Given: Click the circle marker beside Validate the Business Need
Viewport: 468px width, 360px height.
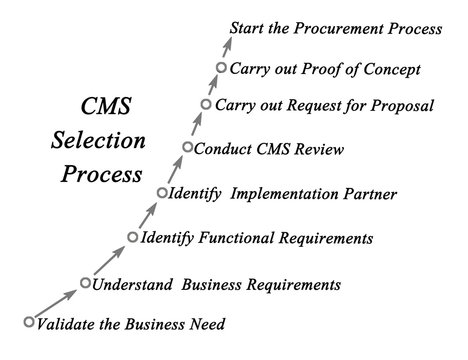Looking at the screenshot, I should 29,321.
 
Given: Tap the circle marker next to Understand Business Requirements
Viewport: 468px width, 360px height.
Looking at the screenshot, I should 86,284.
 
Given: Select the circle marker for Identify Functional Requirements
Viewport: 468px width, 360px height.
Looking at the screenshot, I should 134,237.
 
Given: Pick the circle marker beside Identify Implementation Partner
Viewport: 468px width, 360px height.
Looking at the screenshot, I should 163,192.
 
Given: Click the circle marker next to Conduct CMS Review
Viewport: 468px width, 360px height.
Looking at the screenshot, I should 187,149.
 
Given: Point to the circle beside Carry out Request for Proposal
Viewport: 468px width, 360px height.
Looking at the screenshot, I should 206,104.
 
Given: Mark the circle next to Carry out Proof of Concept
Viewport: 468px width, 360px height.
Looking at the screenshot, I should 221,68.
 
